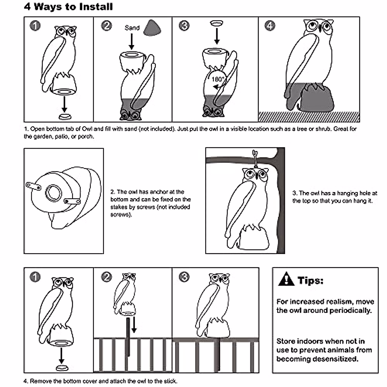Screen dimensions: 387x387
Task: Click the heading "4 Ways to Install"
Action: click(x=68, y=7)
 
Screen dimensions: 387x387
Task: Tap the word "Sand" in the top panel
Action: click(x=132, y=28)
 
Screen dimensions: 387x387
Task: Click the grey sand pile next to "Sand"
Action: click(x=153, y=28)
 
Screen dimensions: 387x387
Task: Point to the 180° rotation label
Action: click(x=218, y=79)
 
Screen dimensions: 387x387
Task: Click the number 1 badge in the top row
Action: click(x=35, y=25)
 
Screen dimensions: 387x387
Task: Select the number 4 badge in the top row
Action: click(x=270, y=25)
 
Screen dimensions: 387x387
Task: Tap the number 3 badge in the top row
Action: click(x=184, y=25)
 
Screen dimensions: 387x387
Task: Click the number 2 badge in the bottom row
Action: click(x=106, y=277)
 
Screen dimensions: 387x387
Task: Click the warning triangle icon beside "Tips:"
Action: click(x=286, y=280)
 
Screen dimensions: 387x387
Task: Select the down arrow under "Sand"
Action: click(x=131, y=42)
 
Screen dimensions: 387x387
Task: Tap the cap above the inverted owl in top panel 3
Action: click(x=217, y=23)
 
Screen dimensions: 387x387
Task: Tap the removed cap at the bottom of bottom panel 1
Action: click(x=61, y=368)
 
